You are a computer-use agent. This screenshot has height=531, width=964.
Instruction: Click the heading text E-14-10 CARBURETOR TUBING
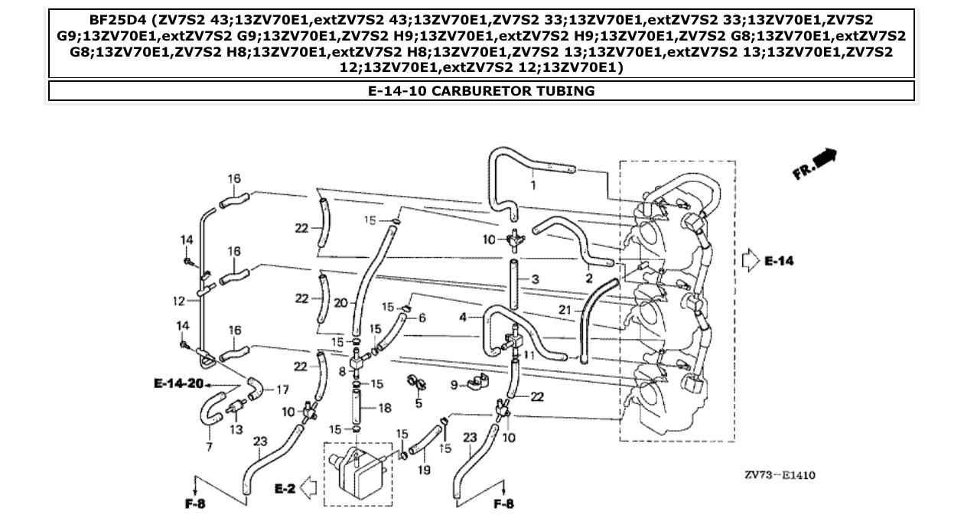481,91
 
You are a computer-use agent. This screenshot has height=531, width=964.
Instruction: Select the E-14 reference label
779,261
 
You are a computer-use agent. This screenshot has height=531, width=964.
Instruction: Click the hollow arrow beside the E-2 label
311,487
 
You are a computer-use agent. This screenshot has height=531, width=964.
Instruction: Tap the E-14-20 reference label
177,383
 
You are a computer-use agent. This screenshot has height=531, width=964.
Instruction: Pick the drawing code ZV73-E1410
780,475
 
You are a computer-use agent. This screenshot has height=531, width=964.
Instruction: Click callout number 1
532,184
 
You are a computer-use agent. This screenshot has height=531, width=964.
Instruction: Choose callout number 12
180,300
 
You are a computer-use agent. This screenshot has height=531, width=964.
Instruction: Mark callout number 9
452,385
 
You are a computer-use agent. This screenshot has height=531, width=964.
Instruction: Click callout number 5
418,402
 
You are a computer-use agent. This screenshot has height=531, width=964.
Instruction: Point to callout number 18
385,409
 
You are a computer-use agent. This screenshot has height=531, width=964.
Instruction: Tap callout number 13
236,429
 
